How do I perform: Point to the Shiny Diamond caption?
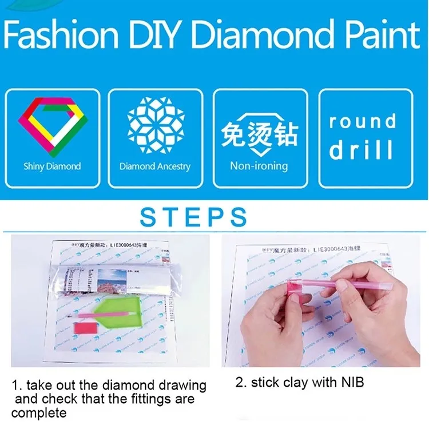point(52,166)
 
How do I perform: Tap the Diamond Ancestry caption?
point(155,166)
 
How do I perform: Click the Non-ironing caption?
point(259,166)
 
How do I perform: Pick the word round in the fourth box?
point(363,121)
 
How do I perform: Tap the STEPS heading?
point(194,217)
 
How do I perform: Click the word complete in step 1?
point(39,412)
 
